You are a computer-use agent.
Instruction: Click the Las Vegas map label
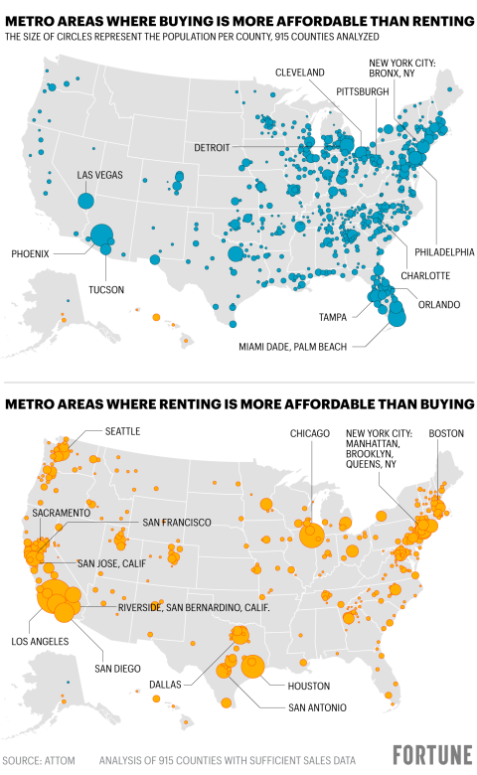click(100, 175)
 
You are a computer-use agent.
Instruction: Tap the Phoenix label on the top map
click(30, 253)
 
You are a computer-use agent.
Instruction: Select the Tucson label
click(106, 290)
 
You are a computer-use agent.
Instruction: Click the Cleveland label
click(299, 74)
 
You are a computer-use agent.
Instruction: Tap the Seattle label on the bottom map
click(123, 431)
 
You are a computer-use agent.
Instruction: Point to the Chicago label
click(310, 434)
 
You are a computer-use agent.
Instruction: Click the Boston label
click(446, 434)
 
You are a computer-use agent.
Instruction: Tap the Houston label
click(308, 687)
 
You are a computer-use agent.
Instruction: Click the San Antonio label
click(317, 707)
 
